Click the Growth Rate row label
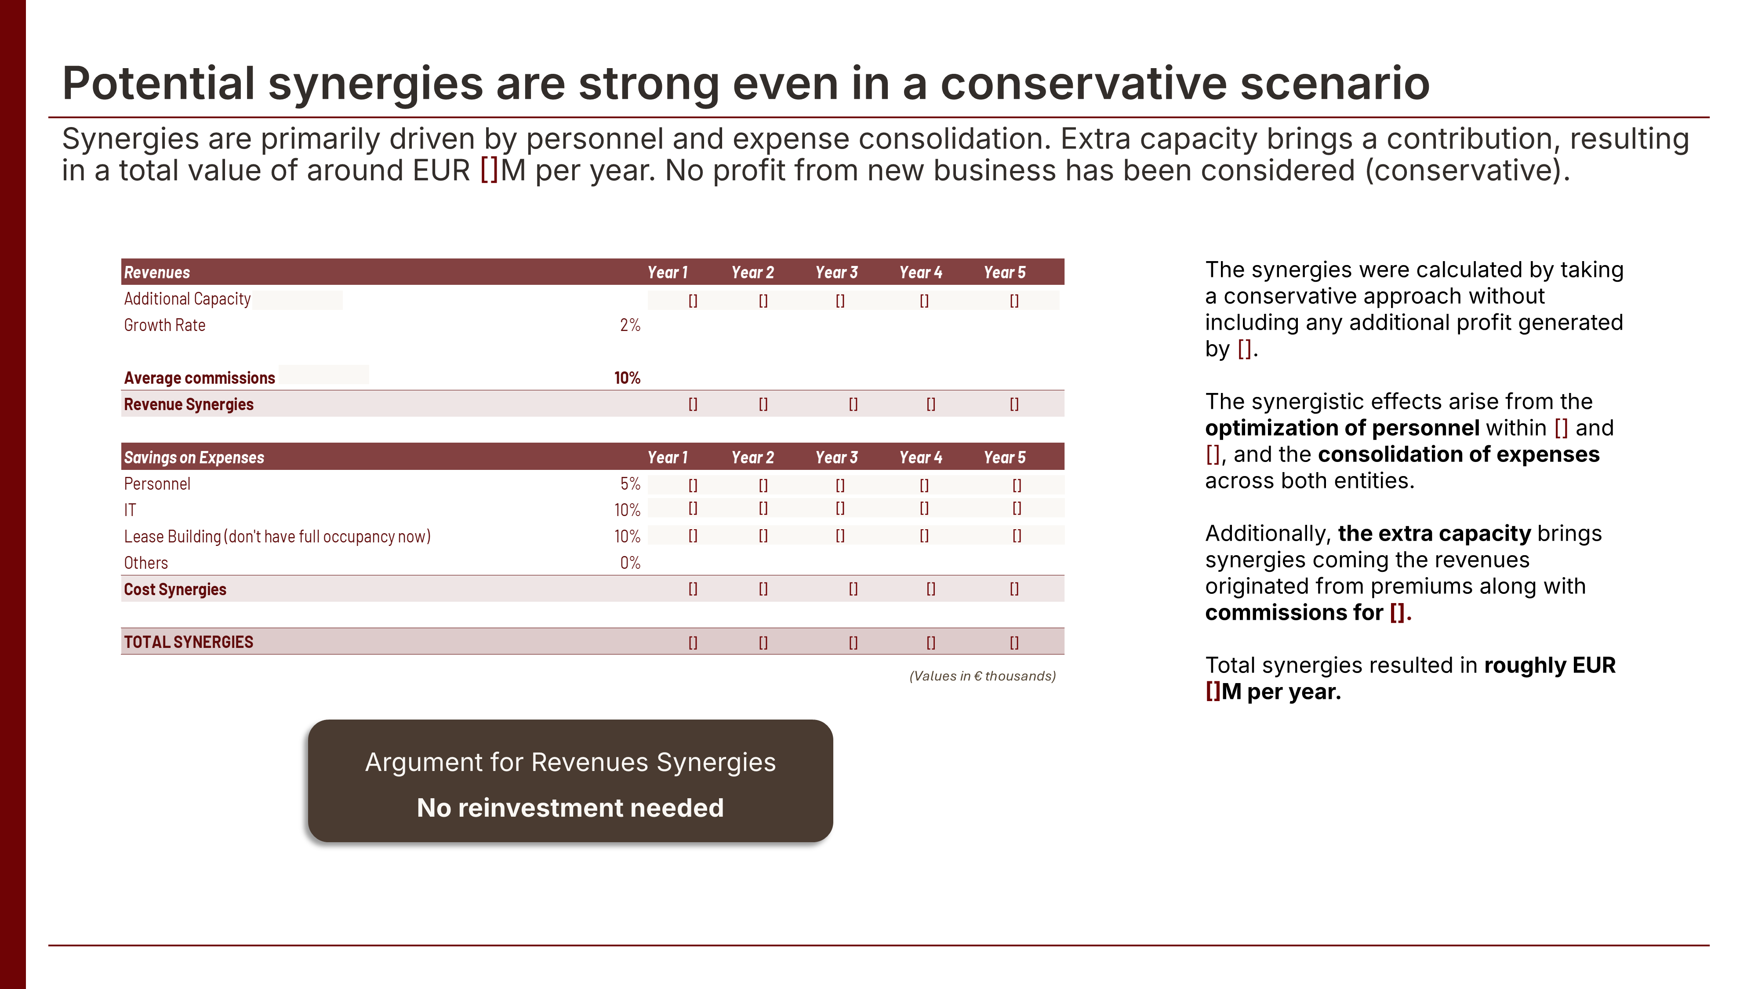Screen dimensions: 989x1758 [164, 326]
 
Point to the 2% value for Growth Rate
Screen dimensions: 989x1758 [629, 326]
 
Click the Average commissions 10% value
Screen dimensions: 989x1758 [626, 378]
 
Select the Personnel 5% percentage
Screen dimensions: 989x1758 [629, 484]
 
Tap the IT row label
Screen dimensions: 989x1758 [130, 510]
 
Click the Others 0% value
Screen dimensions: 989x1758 [629, 563]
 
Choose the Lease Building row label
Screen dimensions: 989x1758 [276, 536]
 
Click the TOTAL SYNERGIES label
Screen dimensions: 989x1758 [189, 642]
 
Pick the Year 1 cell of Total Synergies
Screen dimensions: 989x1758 [693, 642]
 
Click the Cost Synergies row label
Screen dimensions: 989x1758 [175, 590]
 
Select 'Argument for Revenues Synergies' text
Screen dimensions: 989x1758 [570, 762]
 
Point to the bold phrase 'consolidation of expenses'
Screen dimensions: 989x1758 [1458, 455]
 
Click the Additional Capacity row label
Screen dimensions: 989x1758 [187, 299]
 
